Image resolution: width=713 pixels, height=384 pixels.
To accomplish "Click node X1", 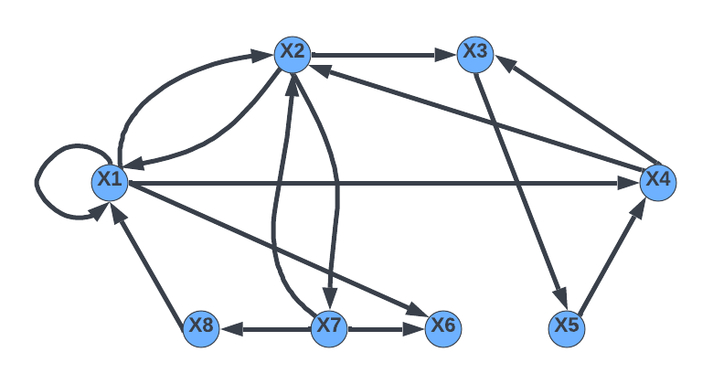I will [x=110, y=181].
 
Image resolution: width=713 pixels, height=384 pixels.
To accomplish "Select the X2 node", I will [x=293, y=53].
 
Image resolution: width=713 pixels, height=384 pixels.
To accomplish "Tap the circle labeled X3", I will [x=475, y=53].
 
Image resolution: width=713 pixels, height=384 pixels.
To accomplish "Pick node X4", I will [x=658, y=181].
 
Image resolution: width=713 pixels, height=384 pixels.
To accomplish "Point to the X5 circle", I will [x=567, y=327].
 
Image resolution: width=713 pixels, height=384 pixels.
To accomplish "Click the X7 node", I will [x=329, y=327].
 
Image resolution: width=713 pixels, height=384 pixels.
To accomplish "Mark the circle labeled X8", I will [x=201, y=327].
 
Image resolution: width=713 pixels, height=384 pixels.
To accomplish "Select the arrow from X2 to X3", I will [x=384, y=55].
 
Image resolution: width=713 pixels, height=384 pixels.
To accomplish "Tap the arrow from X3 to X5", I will [x=521, y=190].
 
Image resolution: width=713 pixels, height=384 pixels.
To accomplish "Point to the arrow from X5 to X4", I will [x=612, y=254].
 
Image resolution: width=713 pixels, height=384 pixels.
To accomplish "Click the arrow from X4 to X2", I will [x=475, y=117].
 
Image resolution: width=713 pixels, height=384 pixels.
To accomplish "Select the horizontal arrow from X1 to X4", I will [x=384, y=183].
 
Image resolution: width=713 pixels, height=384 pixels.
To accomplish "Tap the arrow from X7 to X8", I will [x=265, y=327].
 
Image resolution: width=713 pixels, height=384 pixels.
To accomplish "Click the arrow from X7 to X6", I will [x=386, y=327].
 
